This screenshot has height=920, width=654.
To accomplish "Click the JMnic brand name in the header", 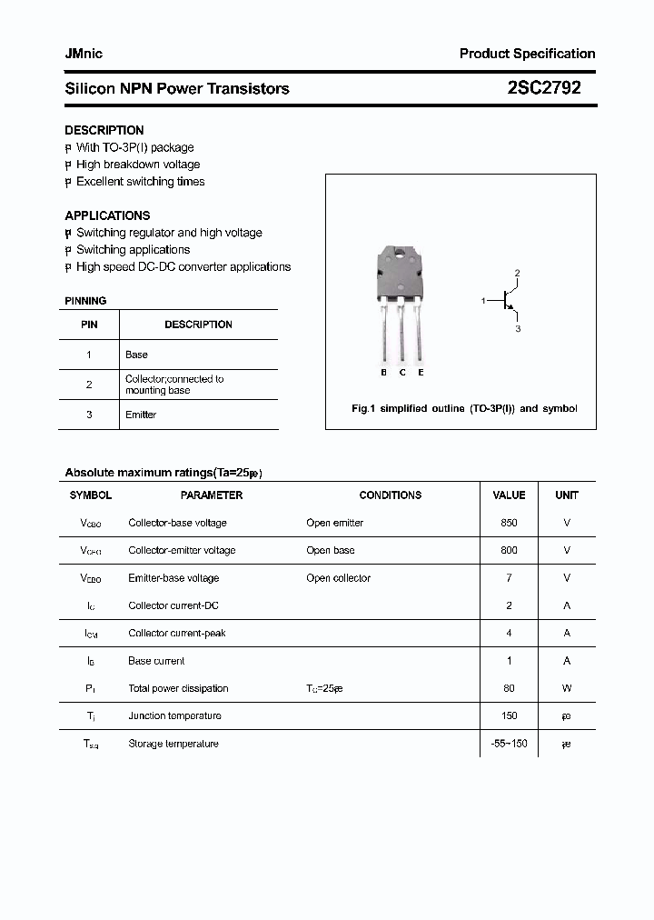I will point(84,54).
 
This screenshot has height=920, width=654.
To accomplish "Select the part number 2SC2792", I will point(544,88).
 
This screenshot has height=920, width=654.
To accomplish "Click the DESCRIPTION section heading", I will point(104,130).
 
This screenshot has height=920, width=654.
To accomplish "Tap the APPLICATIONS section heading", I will point(107,215).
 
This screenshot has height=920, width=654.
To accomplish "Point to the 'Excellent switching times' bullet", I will point(140,182).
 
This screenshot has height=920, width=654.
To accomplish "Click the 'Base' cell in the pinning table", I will point(136,355).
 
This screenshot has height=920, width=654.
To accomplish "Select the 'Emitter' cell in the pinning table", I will point(141,415).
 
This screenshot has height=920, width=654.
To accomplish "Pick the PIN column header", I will point(89,325).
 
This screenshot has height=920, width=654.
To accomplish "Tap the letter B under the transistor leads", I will point(384,373).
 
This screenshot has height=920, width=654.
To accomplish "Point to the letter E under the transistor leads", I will point(421,373).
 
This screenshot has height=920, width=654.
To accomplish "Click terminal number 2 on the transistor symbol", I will point(517,273).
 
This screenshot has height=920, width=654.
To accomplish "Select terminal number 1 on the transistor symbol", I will point(483,299).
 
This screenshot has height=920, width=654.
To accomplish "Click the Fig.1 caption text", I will point(464,409).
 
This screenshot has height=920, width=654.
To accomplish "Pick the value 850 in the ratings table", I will point(509,523).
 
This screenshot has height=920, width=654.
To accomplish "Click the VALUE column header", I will point(509,495).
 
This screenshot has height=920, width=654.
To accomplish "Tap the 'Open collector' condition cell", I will point(338,578).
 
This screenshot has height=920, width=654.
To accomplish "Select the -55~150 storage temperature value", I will point(509,744).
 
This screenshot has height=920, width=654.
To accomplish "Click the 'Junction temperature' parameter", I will point(174,715).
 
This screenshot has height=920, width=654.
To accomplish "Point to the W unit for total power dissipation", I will point(567,688).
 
